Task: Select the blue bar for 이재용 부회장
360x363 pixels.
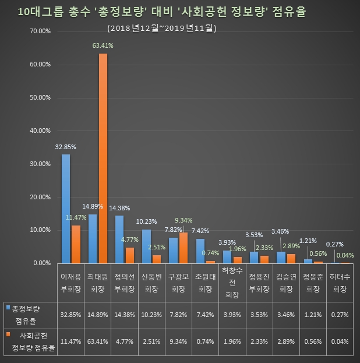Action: tap(66, 209)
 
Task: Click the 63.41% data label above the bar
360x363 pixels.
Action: tap(103, 45)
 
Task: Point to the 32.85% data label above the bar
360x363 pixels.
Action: tap(66, 146)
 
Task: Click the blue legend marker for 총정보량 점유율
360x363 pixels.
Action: tap(8, 306)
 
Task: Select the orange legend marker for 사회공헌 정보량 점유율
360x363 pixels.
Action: tap(8, 334)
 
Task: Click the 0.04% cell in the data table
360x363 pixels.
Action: tap(338, 341)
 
